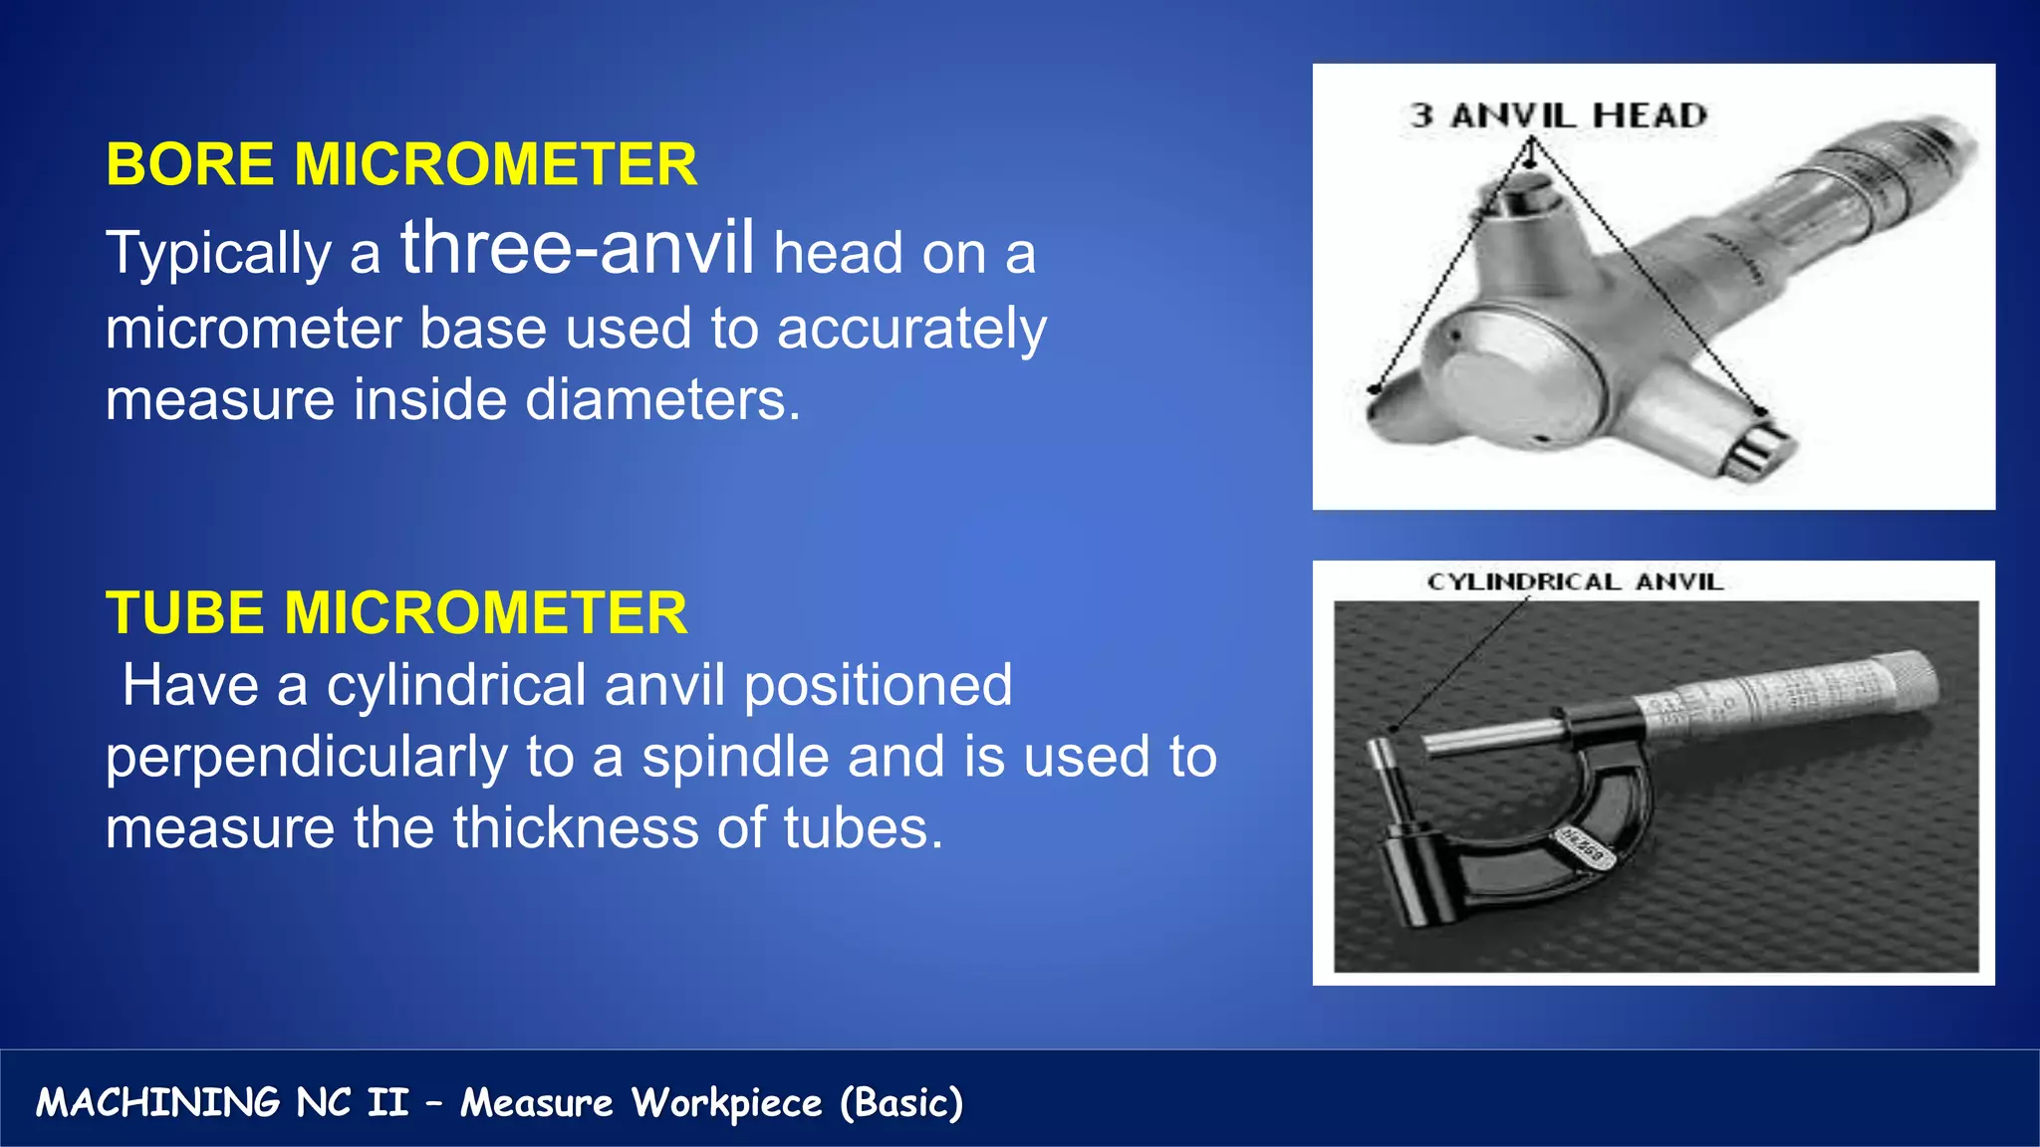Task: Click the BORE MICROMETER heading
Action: point(400,164)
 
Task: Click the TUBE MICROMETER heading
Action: point(395,612)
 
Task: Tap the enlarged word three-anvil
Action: point(577,248)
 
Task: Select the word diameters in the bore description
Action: point(662,400)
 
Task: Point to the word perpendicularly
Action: point(307,758)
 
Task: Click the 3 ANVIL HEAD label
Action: point(1558,115)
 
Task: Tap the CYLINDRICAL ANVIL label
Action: point(1574,582)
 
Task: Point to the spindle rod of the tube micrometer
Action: point(1494,738)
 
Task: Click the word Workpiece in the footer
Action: point(726,1103)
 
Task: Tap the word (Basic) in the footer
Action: point(900,1103)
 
